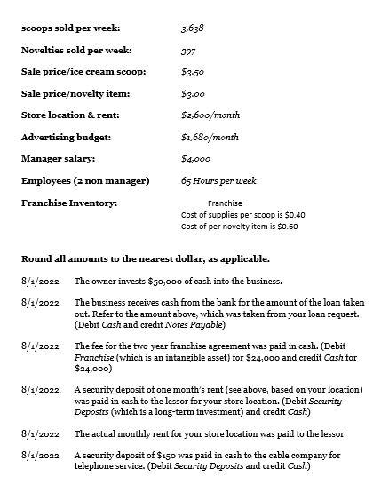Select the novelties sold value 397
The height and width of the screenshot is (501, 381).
click(189, 50)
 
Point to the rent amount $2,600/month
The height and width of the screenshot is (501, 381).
click(210, 115)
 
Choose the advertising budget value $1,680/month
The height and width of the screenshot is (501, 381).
click(210, 137)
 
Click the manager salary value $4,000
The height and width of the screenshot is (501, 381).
click(195, 158)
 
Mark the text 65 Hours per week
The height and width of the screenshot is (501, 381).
click(218, 180)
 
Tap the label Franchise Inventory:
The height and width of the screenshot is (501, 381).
click(69, 203)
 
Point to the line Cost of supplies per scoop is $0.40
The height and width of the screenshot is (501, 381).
click(242, 215)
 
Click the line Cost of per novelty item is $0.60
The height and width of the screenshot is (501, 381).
click(239, 227)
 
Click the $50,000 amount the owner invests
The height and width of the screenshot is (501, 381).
click(155, 281)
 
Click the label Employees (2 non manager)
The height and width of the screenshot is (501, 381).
click(85, 180)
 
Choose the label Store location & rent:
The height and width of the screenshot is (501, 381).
click(71, 115)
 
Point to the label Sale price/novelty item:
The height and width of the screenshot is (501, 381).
click(75, 93)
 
